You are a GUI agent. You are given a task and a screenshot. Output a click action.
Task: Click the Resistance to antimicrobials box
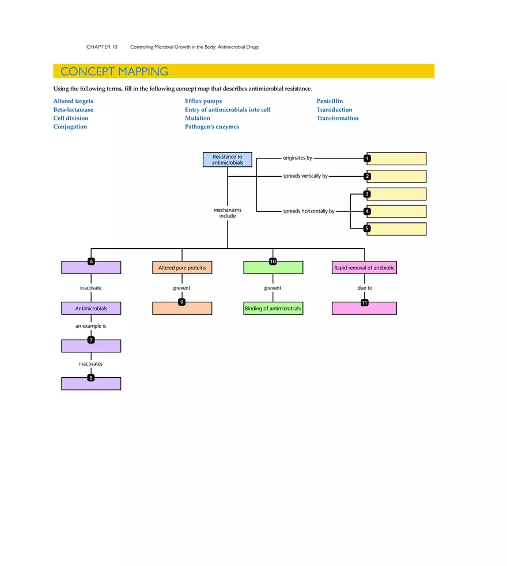(x=228, y=159)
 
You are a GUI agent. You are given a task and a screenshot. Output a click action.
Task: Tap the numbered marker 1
(x=368, y=158)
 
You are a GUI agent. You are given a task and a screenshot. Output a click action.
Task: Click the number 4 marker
(x=368, y=211)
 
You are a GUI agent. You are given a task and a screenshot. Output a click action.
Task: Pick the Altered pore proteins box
(x=182, y=268)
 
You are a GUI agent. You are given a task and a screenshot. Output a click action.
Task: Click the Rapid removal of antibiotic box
(x=364, y=268)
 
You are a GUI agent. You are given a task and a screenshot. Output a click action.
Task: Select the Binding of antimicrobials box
(x=273, y=309)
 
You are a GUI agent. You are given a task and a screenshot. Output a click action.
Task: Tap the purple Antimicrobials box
(x=91, y=309)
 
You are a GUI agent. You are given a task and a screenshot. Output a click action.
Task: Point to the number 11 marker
(x=364, y=303)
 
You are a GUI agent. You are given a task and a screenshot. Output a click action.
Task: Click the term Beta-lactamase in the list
(x=73, y=109)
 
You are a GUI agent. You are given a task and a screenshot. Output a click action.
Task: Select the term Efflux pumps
(x=203, y=101)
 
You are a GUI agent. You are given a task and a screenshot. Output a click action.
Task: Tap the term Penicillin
(x=330, y=101)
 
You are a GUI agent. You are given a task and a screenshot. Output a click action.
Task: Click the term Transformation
(x=337, y=118)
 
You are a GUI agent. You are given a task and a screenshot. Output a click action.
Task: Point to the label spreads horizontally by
(x=308, y=211)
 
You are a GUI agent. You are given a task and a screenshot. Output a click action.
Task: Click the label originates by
(x=297, y=158)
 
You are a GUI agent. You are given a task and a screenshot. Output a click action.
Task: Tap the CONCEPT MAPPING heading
(x=114, y=71)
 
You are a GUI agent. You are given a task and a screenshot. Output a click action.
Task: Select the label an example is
(x=91, y=326)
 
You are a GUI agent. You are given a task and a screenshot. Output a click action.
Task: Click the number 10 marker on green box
(x=273, y=261)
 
